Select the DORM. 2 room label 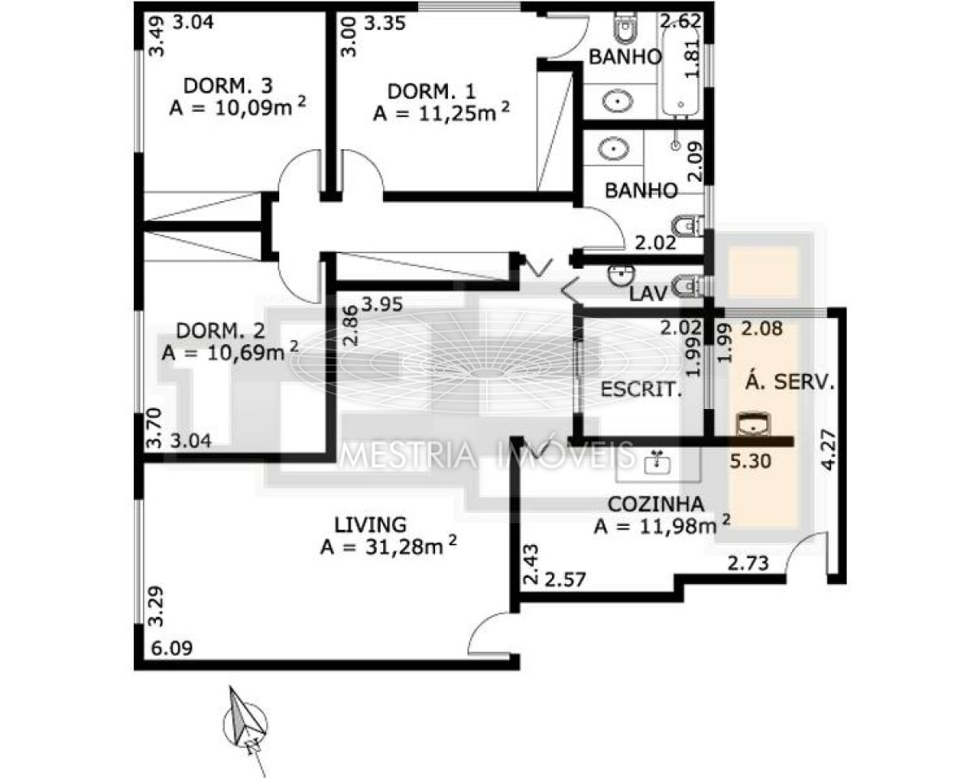pos(220,331)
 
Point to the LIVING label pos(370,525)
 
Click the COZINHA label pos(656,504)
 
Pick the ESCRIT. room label pos(641,389)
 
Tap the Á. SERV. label pos(790,381)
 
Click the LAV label pos(649,295)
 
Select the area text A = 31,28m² pos(388,546)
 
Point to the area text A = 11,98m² pos(662,525)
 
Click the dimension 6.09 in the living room pos(171,648)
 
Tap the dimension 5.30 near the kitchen pos(751,461)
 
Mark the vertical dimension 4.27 pos(829,450)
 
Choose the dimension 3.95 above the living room pos(382,304)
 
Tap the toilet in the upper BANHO pos(626,28)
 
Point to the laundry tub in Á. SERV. pos(753,424)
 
